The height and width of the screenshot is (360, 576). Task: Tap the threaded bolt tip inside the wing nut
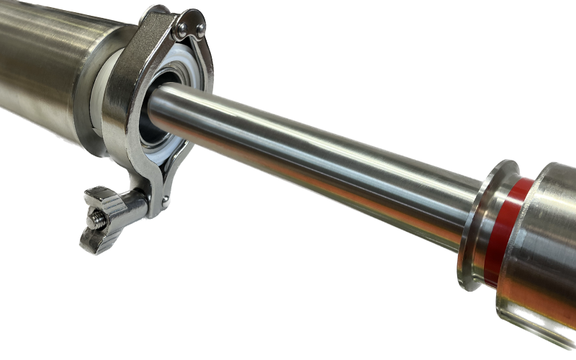(x=94, y=215)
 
